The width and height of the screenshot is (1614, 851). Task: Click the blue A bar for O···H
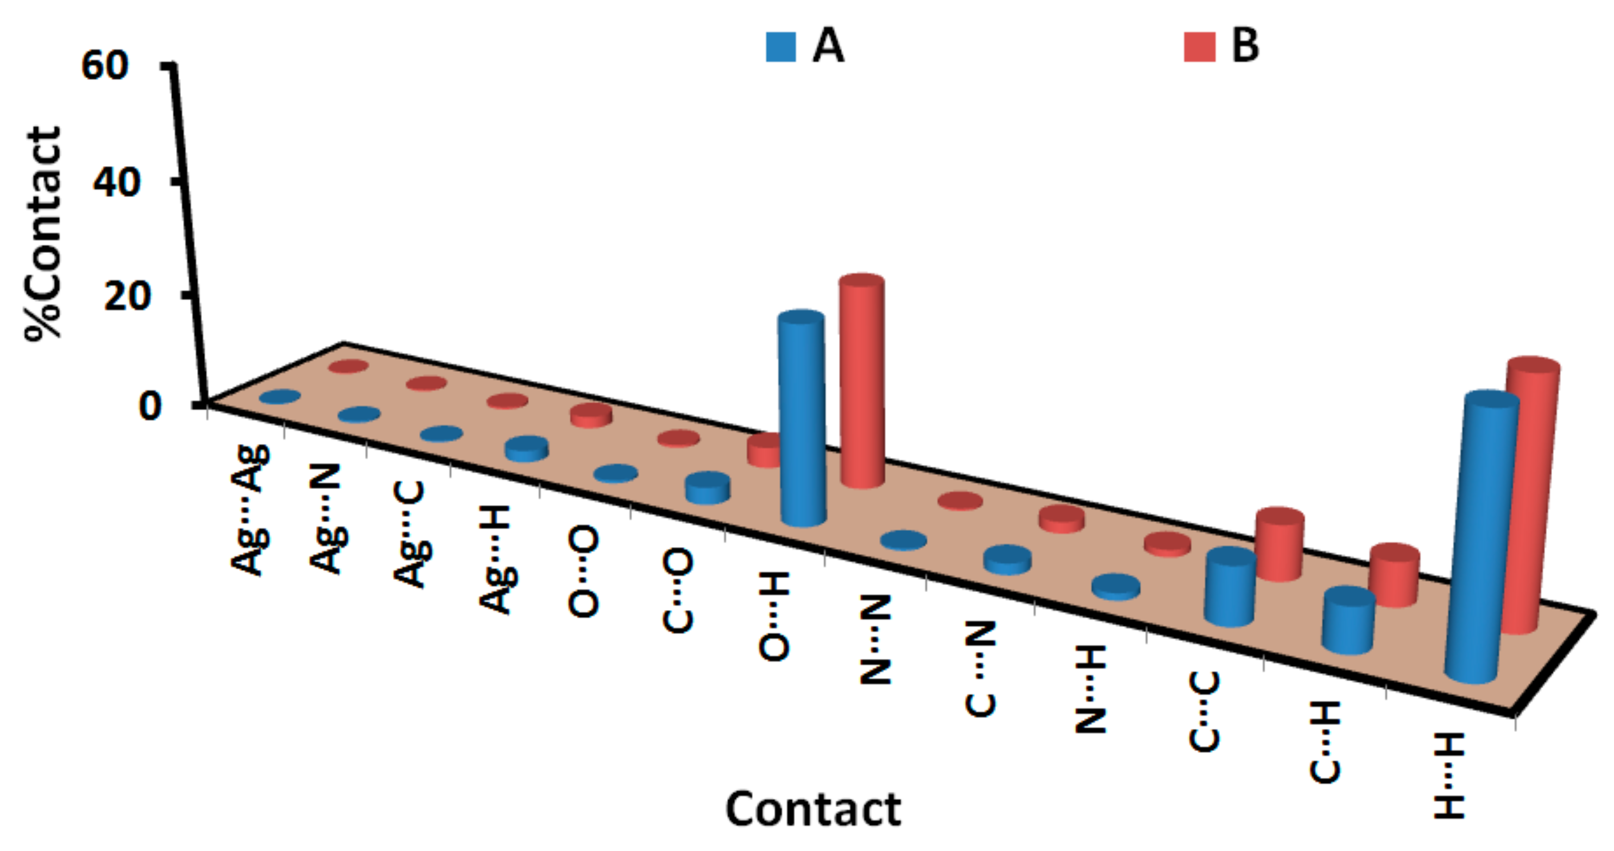click(x=802, y=420)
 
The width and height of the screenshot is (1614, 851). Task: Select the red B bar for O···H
click(x=862, y=382)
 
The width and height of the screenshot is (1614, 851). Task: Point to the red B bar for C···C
click(x=1280, y=545)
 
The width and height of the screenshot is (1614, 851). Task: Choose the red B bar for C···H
click(x=1394, y=576)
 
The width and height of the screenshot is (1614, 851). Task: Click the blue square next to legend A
click(x=781, y=47)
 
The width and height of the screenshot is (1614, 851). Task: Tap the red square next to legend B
click(x=1199, y=47)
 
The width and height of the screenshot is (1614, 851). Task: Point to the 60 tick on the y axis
click(x=105, y=65)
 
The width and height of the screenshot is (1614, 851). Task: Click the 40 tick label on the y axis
click(x=117, y=183)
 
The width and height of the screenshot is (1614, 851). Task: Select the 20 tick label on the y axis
click(x=127, y=296)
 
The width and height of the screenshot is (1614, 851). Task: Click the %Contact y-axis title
click(x=44, y=233)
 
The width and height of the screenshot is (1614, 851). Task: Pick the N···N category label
click(x=875, y=639)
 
